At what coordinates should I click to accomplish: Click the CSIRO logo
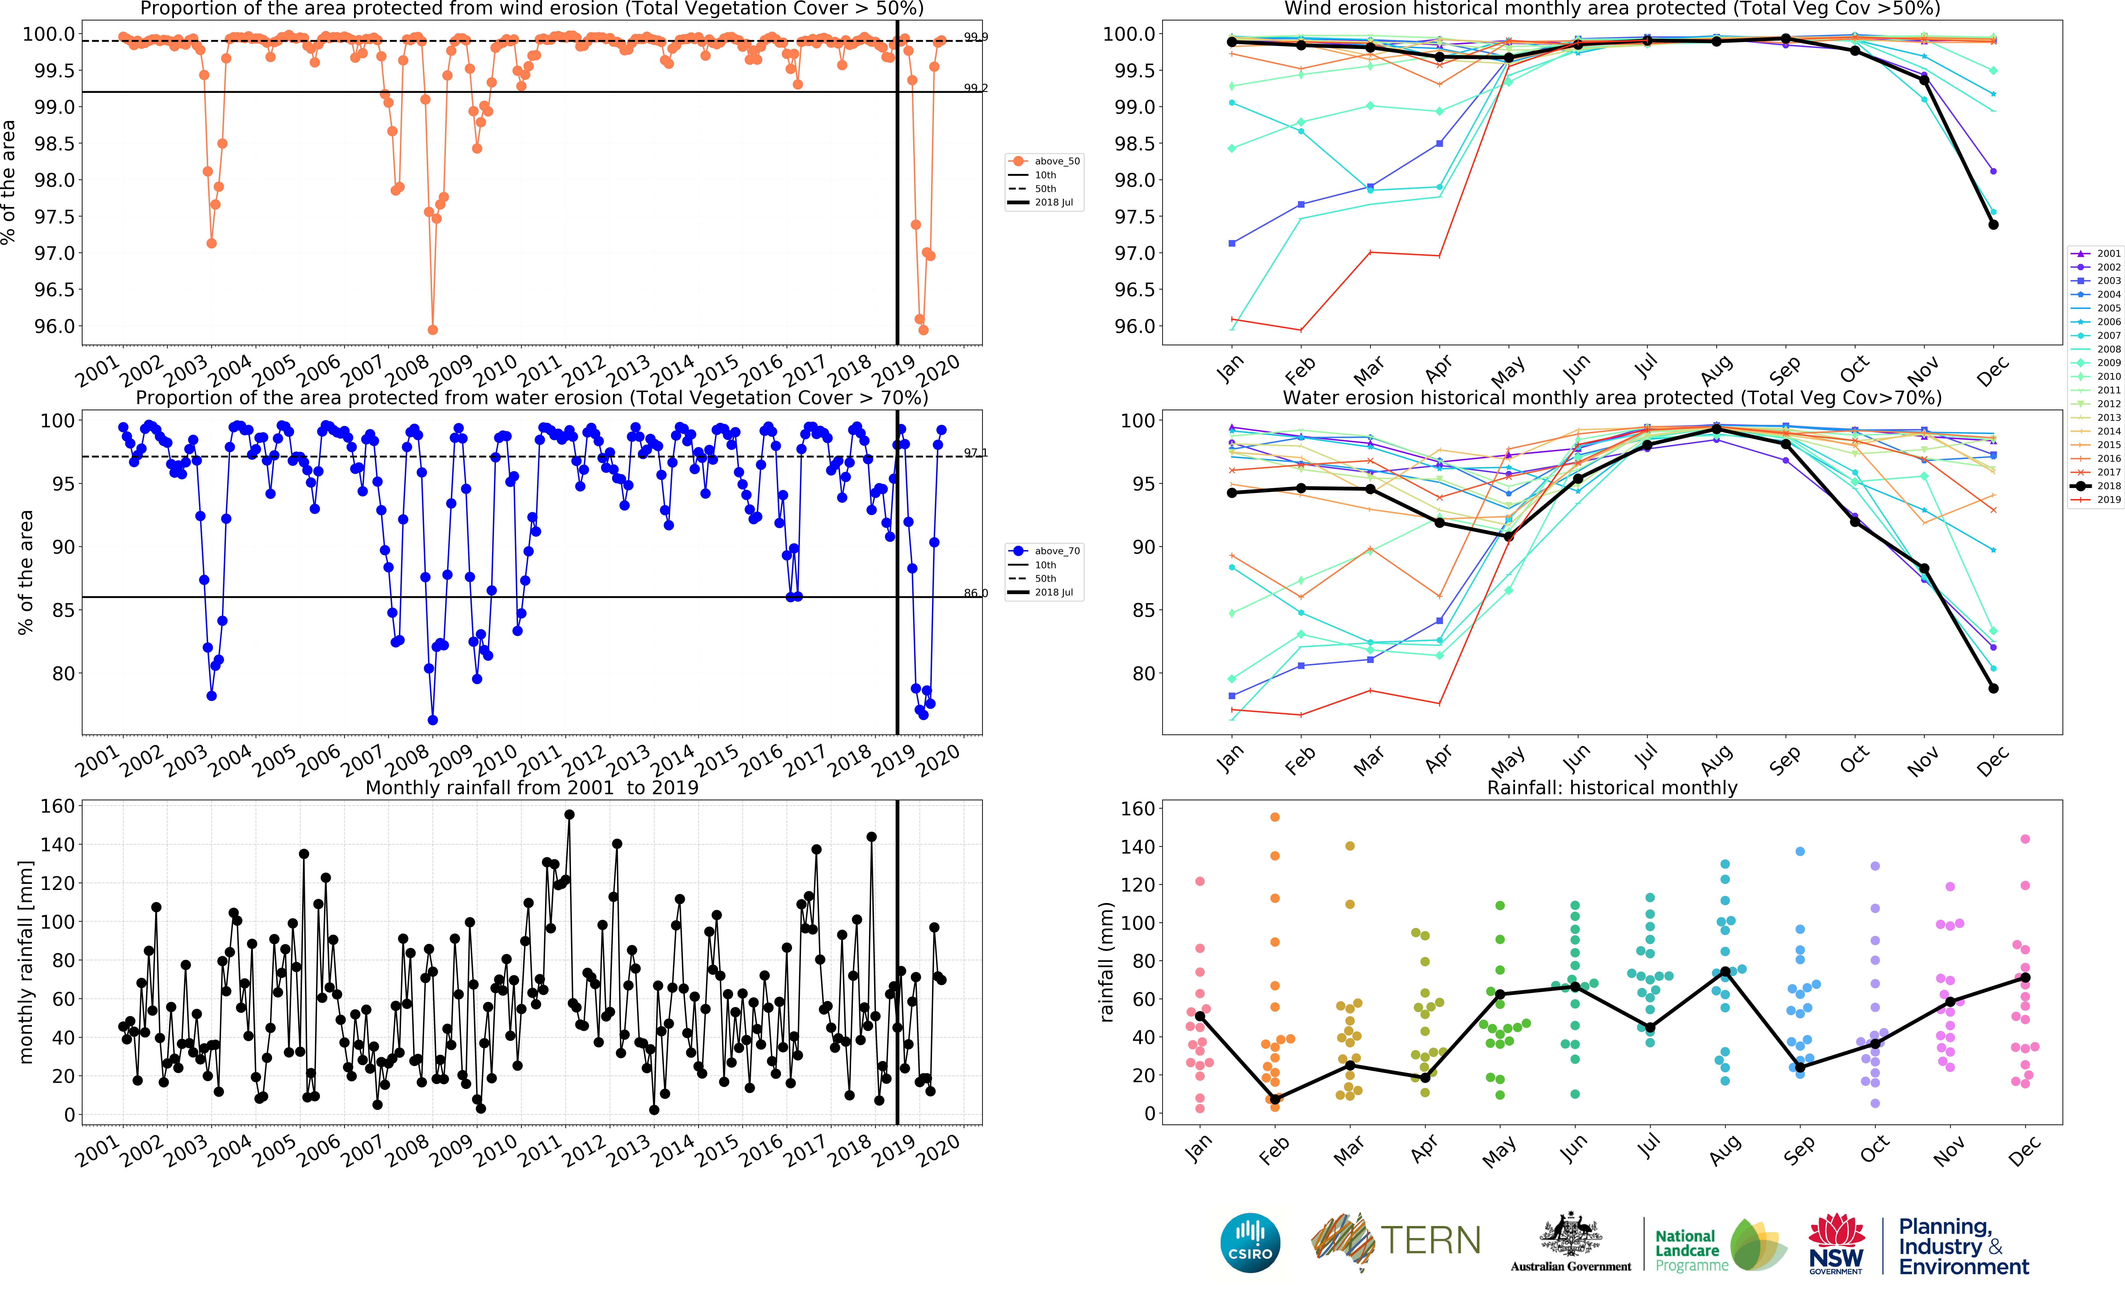pos(1250,1243)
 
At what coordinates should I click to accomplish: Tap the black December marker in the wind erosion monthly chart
pos(1993,225)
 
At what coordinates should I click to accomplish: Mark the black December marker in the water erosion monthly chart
pos(1993,688)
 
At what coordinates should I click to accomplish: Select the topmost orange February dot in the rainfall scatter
pos(1275,817)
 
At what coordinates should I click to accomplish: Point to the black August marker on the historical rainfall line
pos(1725,972)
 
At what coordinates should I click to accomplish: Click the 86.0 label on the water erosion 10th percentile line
pos(975,593)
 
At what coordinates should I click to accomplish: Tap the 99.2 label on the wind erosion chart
pos(975,88)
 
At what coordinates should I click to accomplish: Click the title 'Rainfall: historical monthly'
pos(1612,787)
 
